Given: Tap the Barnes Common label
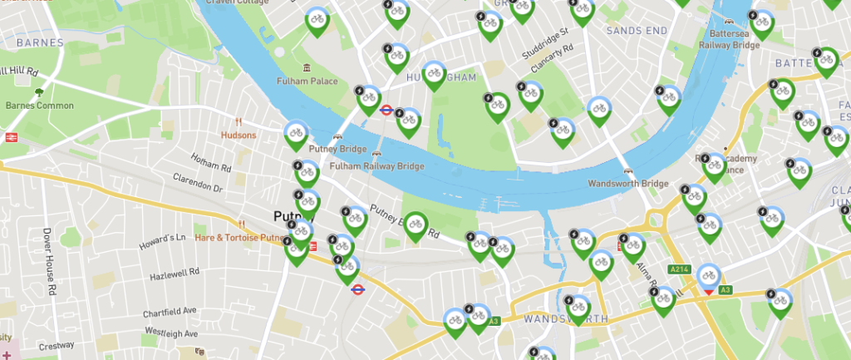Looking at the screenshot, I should (40, 106).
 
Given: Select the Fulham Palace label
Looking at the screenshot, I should (308, 81).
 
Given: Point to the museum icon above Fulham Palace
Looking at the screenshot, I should (307, 67).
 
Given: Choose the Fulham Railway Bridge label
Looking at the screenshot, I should (377, 166).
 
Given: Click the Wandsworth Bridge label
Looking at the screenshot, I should (627, 183).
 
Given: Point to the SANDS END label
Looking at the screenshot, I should (637, 31).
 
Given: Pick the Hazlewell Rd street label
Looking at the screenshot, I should (175, 273).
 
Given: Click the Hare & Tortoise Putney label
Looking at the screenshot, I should (240, 237).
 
